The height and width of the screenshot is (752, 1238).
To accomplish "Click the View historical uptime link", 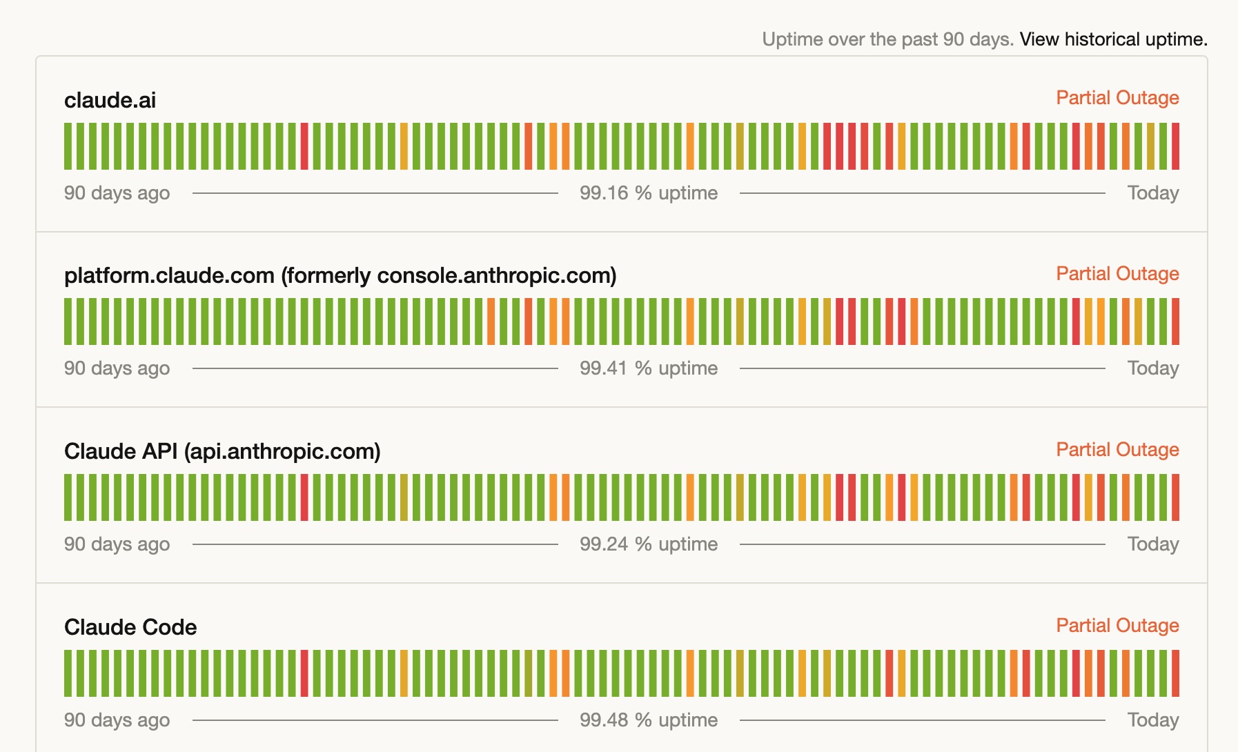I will [1113, 39].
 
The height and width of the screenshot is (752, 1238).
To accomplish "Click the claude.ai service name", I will [110, 101].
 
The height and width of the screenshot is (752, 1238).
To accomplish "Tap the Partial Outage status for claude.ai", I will [1117, 98].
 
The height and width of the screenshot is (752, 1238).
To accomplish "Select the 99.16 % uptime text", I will [649, 193].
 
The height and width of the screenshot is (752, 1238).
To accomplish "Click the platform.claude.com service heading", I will [340, 276].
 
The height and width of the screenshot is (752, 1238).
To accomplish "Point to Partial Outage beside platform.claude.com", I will [1117, 274].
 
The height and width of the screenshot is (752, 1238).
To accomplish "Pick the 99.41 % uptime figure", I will [649, 368].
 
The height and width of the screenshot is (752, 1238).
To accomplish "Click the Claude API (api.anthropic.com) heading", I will [222, 452].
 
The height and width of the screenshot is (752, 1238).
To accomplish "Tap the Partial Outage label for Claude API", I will [1117, 450].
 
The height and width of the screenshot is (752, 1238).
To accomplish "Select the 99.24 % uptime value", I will [649, 544].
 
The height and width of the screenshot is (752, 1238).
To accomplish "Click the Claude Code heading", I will [130, 628].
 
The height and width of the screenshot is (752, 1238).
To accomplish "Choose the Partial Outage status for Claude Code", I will [1117, 626].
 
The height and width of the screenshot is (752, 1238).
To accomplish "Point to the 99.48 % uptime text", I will [649, 720].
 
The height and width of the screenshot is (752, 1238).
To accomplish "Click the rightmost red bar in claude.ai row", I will [1175, 146].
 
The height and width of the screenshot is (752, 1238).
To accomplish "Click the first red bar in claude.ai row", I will [304, 146].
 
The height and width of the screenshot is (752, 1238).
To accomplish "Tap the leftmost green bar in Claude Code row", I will [68, 673].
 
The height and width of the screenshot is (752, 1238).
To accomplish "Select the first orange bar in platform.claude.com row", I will [491, 321].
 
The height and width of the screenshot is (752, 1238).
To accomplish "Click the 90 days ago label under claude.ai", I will [117, 193].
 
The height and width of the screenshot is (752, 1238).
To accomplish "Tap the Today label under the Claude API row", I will [1152, 544].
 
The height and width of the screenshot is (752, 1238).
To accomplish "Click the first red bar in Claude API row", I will [304, 497].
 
